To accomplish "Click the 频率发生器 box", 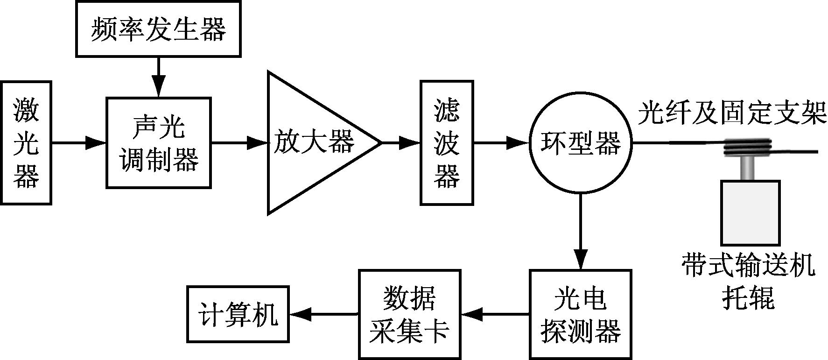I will coord(158,29).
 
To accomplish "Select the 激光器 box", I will coord(26,143).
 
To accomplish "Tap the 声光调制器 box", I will coord(158,143).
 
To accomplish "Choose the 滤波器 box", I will coord(447,143).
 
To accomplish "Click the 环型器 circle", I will coord(581,143).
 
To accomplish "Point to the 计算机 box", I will coord(238,314).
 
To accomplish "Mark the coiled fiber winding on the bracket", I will coord(748,148).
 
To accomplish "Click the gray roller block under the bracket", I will coord(750,213).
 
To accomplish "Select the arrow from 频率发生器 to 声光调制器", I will coord(159,78).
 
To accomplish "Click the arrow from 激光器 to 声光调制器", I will coord(79,143).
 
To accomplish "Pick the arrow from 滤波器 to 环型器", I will coord(501,143).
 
